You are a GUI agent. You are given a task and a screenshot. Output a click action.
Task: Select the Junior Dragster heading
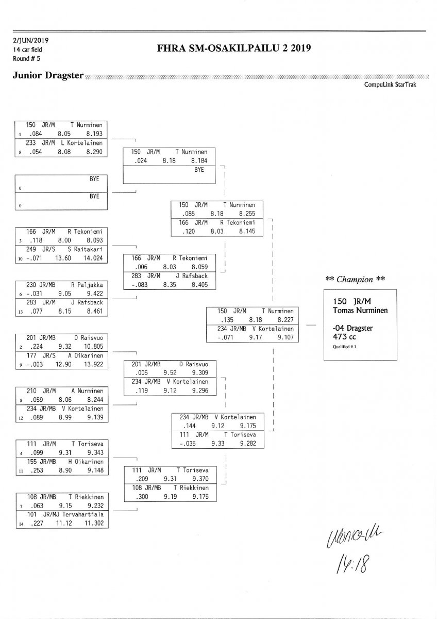[48, 75]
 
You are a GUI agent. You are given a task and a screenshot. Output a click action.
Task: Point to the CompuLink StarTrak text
[390, 85]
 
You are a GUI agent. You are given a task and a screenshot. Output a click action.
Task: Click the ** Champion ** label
[356, 279]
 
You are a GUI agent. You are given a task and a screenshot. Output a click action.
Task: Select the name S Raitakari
[85, 249]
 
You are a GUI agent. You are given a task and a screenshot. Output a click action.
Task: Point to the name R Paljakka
[87, 284]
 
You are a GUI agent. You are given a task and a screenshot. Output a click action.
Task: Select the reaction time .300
[140, 497]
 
